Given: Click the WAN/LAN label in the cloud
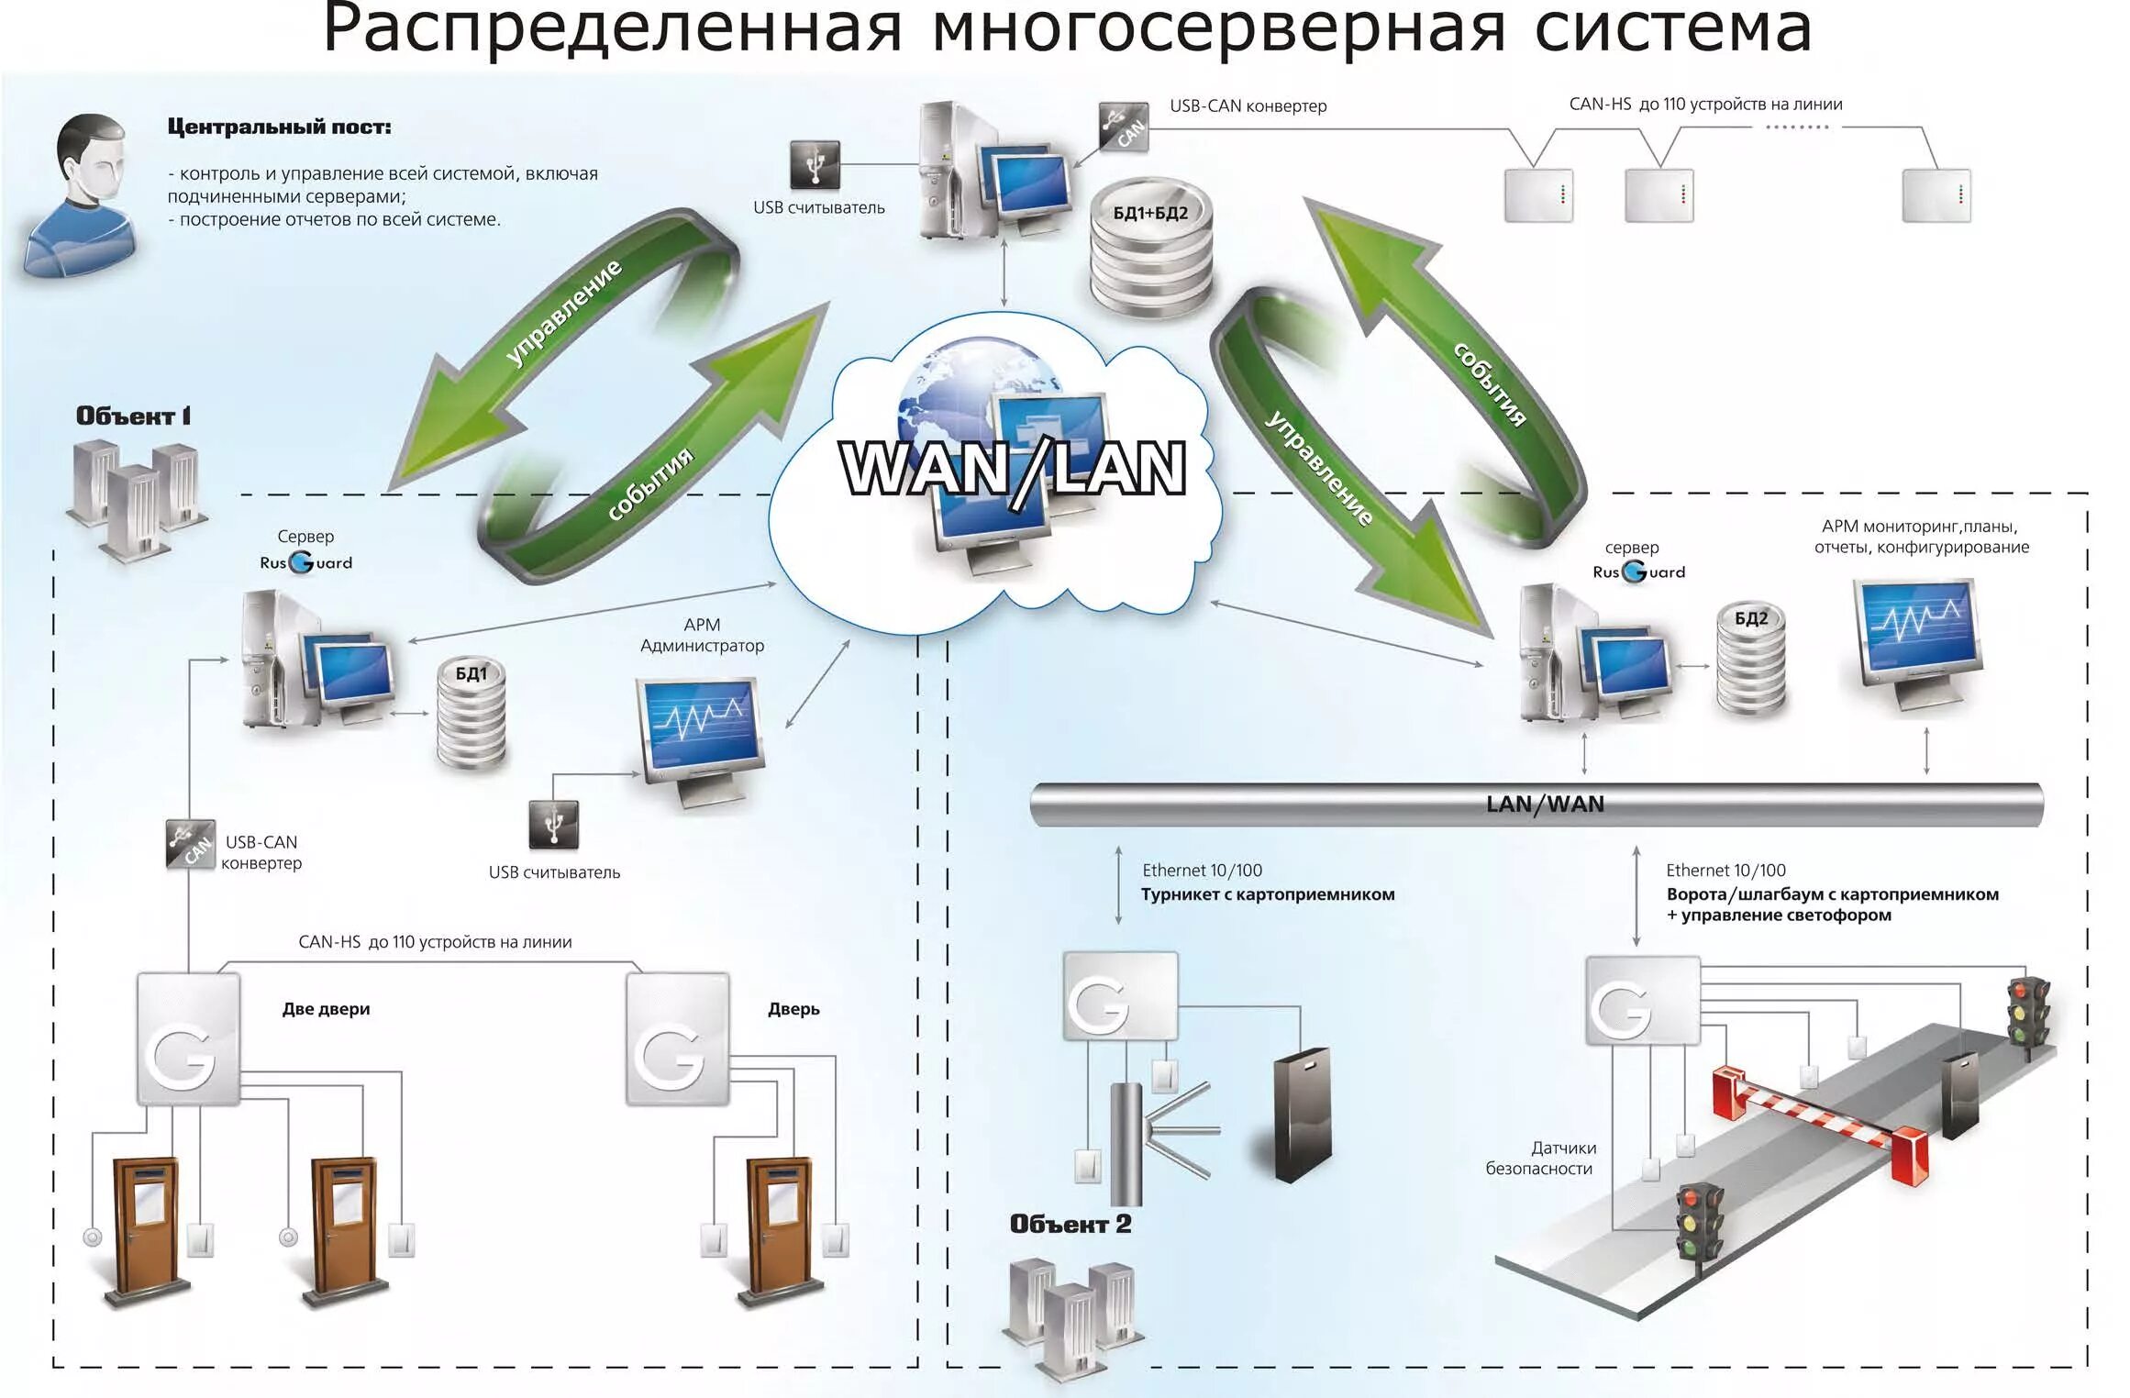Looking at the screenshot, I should point(1013,469).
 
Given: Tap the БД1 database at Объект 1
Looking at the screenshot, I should point(471,714).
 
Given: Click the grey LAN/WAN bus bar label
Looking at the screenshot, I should point(1545,804).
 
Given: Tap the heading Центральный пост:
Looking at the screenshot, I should point(279,128).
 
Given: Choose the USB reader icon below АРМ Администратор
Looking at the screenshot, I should point(554,824).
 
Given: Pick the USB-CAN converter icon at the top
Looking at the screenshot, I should point(1124,127).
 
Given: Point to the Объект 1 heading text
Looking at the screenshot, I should point(133,416).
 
